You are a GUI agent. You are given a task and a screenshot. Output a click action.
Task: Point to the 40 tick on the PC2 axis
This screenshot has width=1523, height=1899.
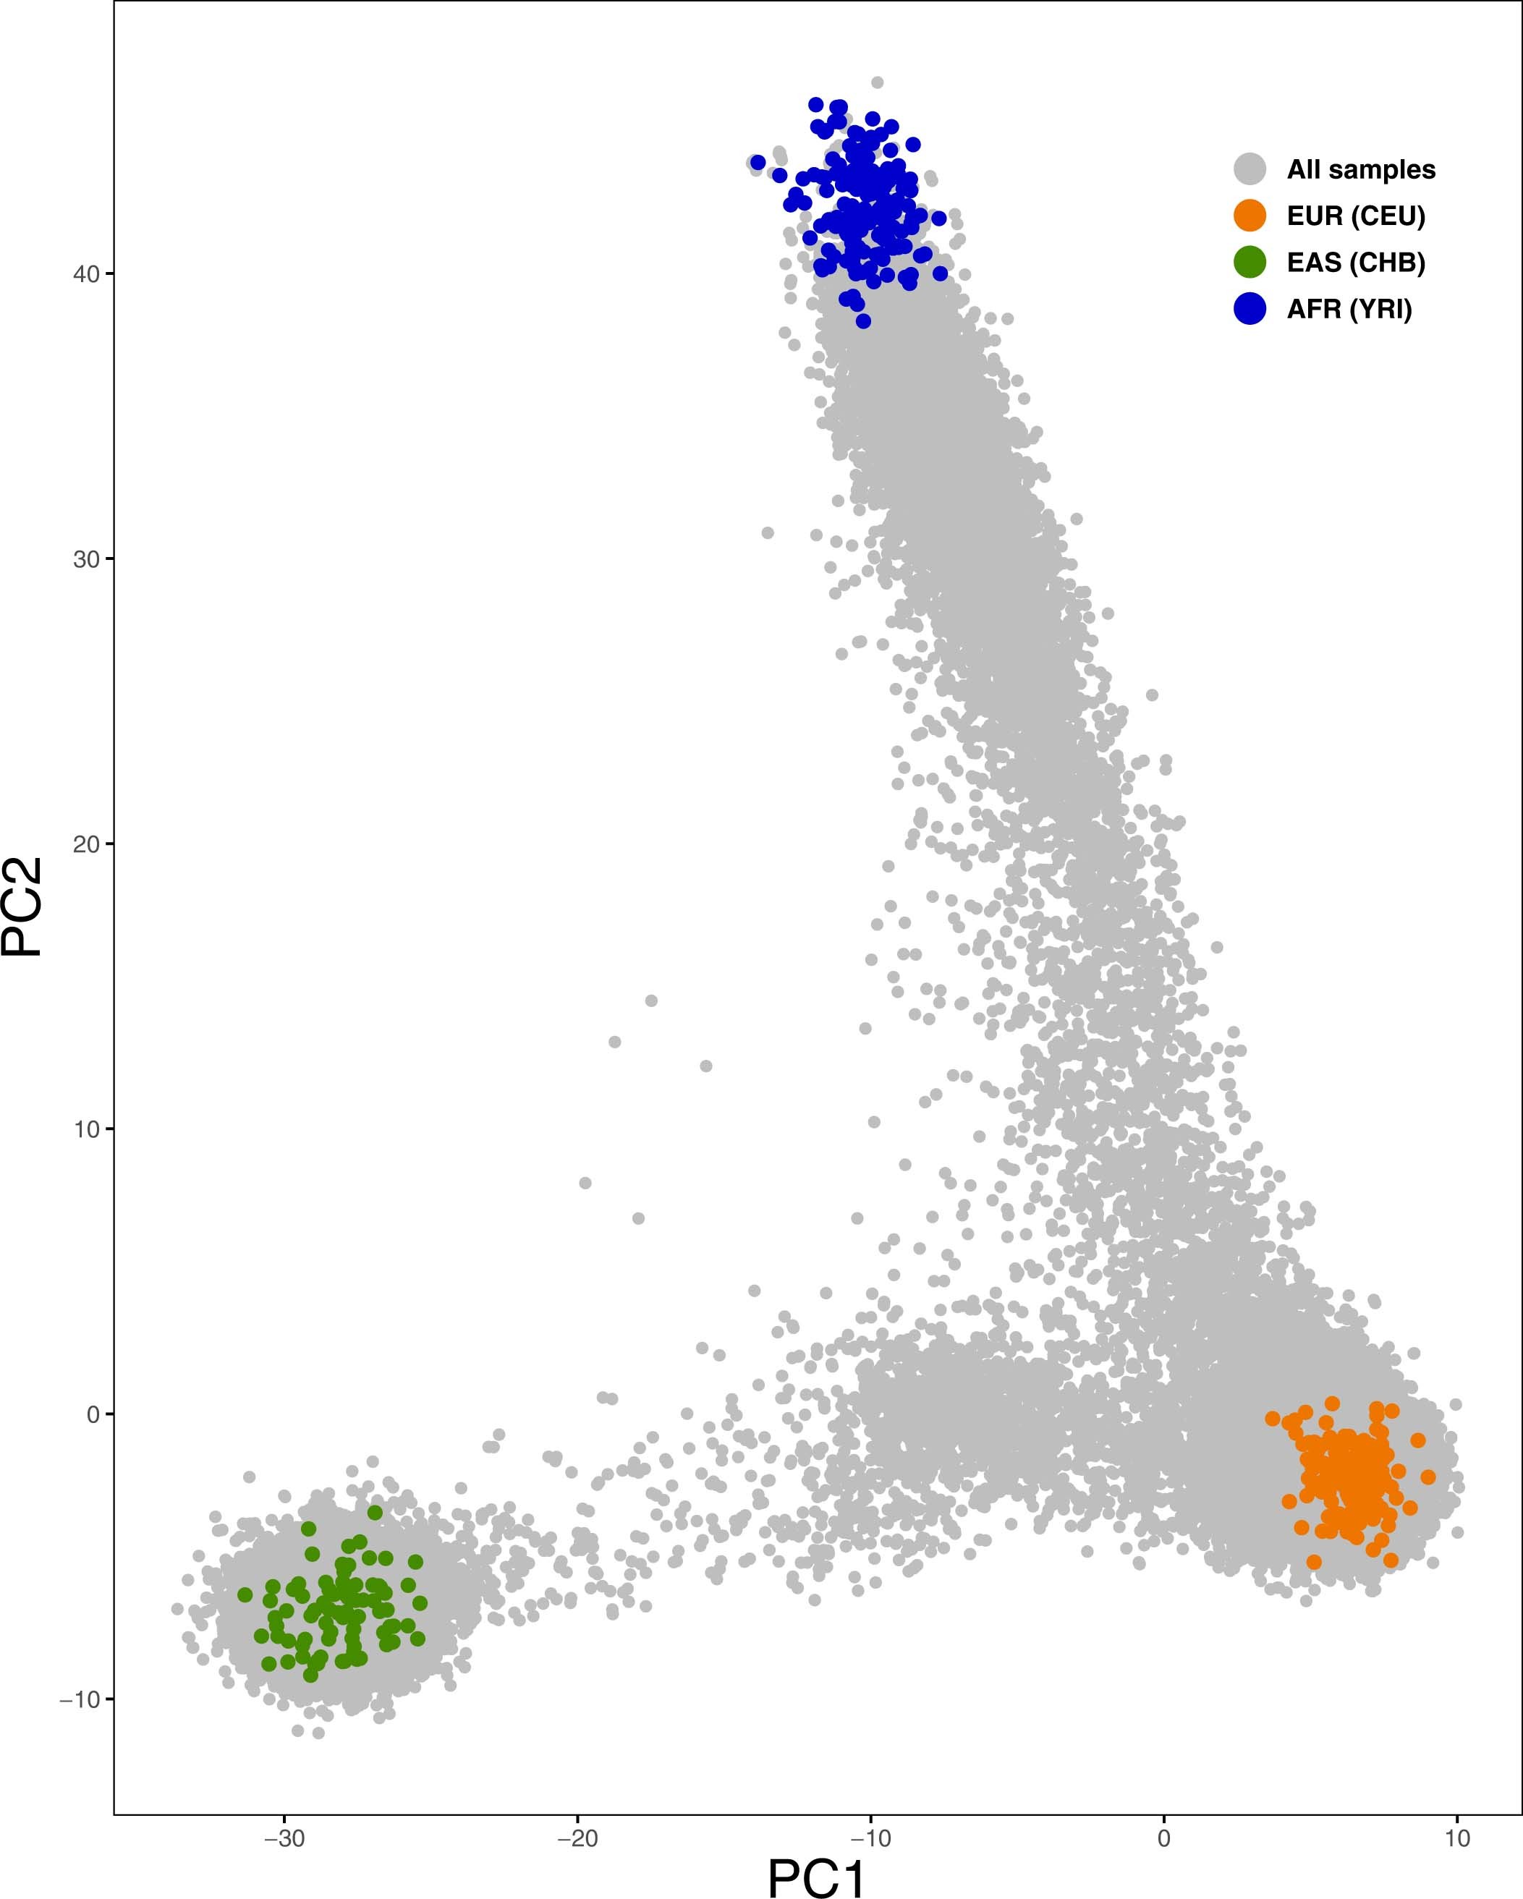(86, 274)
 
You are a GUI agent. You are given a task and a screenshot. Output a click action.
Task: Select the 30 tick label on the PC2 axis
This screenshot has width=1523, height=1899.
(86, 559)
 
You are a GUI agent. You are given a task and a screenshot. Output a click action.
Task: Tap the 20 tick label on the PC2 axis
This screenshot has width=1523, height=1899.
(86, 844)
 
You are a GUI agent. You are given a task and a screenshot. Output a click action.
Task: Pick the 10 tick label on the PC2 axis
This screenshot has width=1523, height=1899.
(86, 1129)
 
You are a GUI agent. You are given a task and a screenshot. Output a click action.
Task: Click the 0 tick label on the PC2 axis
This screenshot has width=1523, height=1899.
(93, 1414)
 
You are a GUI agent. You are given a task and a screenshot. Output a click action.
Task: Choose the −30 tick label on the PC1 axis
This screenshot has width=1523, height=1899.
(284, 1839)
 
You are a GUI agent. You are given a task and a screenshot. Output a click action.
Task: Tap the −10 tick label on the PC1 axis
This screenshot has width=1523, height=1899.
(870, 1839)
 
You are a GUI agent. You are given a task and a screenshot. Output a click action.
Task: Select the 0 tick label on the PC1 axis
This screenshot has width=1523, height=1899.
(1163, 1839)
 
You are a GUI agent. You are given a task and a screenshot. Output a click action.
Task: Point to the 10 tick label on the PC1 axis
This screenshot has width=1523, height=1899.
(1457, 1839)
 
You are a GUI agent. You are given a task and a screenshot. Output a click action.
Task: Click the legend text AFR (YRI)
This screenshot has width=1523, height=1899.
(1349, 309)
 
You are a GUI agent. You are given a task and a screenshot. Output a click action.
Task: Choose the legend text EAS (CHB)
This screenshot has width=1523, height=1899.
(1356, 263)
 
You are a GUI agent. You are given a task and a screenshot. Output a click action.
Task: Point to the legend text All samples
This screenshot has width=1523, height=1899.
(1361, 169)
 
